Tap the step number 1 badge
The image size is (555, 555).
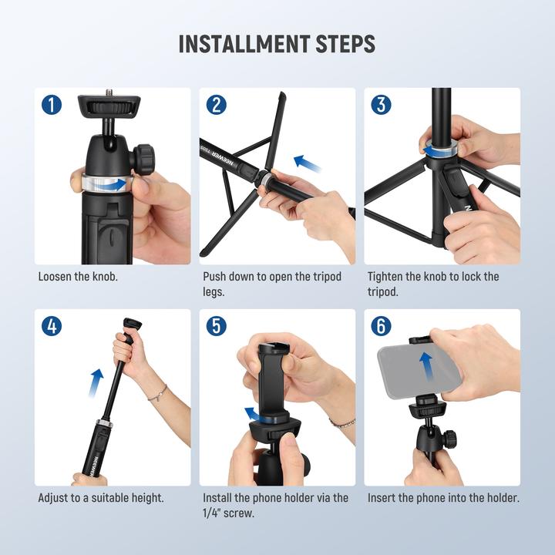click(x=52, y=104)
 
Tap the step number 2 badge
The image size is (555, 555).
click(x=217, y=104)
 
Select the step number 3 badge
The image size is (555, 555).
click(x=381, y=104)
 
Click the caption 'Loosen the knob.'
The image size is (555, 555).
click(x=78, y=276)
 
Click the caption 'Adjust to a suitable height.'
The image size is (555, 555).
click(x=101, y=498)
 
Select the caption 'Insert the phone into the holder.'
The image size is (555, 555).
click(x=443, y=498)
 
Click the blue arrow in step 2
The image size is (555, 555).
click(x=308, y=163)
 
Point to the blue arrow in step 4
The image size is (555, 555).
click(x=96, y=382)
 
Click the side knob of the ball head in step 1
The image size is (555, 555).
click(x=143, y=159)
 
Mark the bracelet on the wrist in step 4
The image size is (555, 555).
click(x=158, y=394)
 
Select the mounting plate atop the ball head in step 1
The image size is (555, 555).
click(x=107, y=105)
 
